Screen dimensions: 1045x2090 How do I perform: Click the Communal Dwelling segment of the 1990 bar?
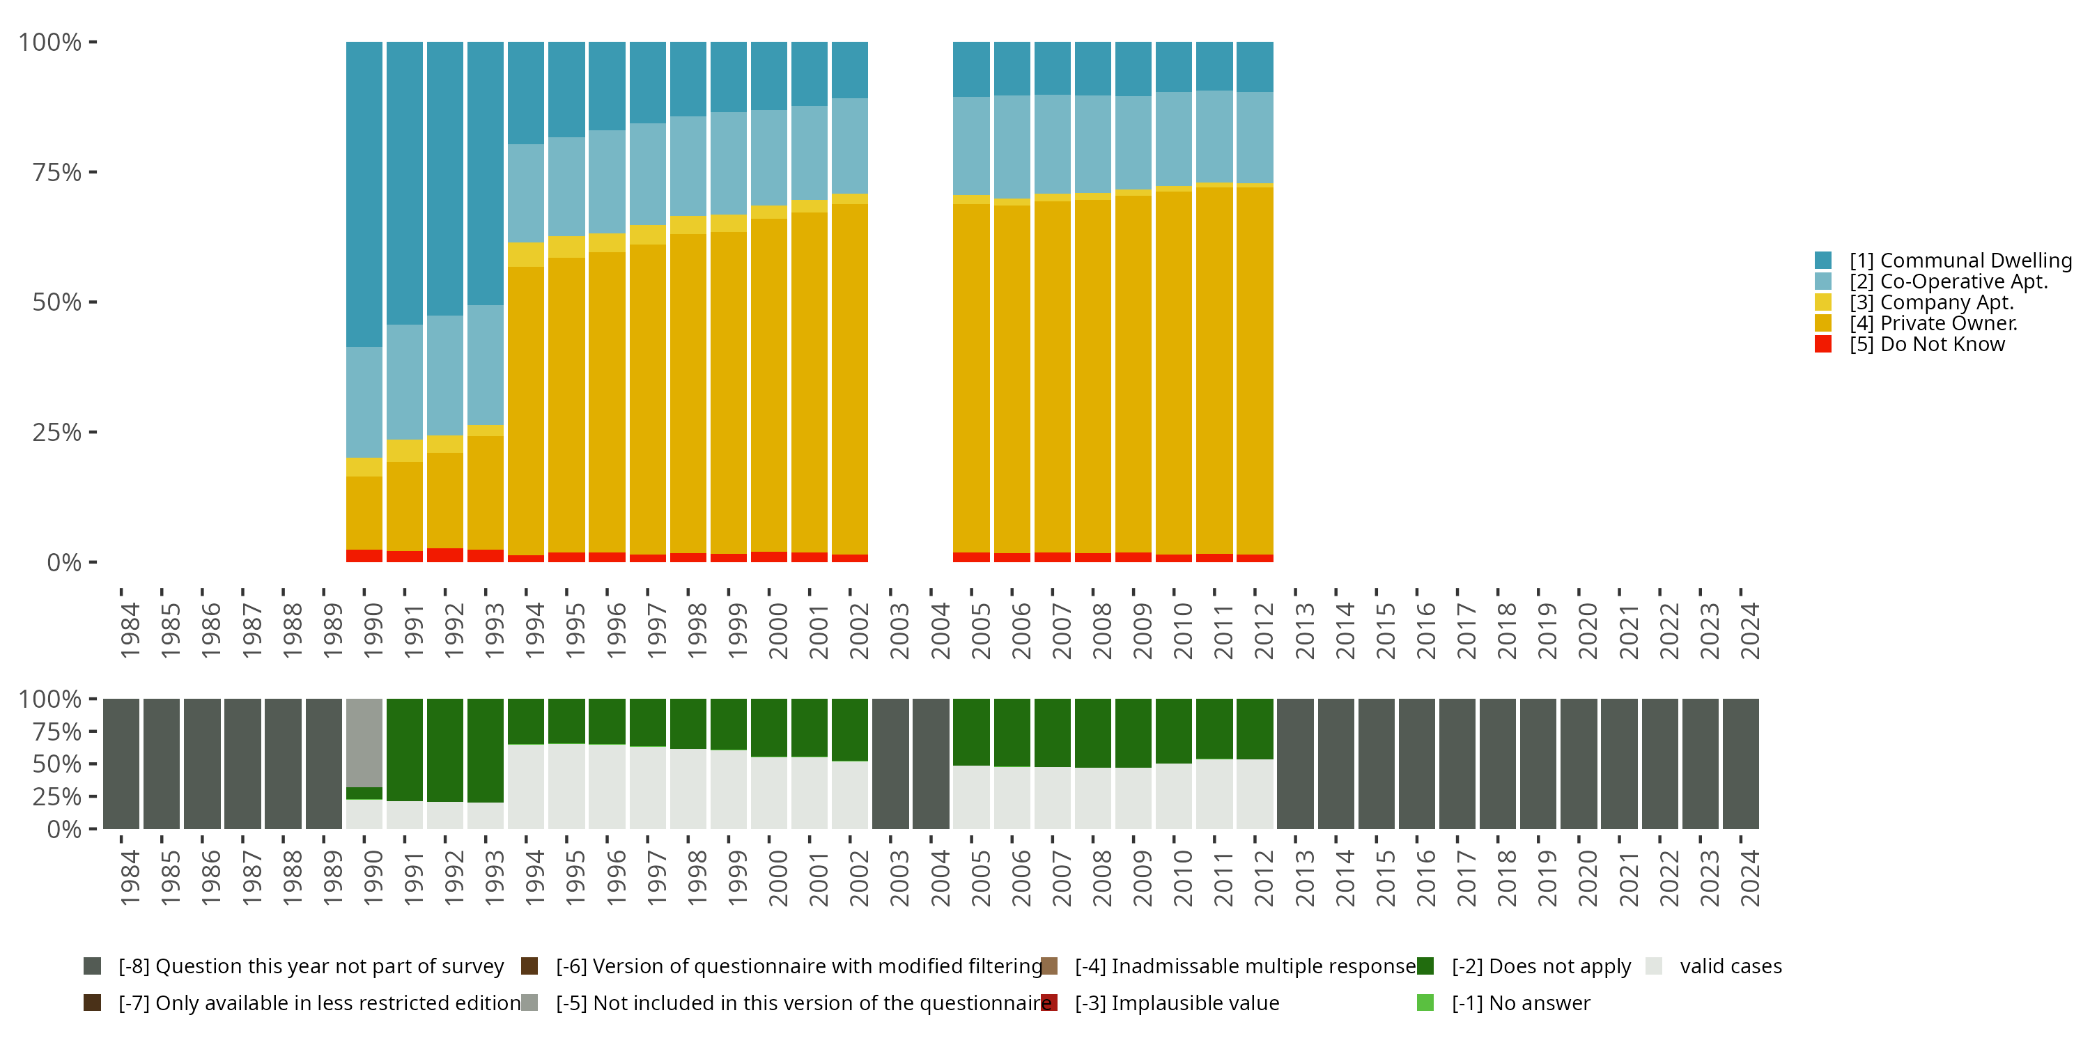[364, 195]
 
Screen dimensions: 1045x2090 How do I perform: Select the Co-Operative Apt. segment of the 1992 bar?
[445, 376]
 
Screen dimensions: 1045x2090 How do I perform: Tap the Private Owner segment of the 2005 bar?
[971, 378]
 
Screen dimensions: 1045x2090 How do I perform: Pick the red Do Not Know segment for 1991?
[405, 557]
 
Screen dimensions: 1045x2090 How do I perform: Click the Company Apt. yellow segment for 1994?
[526, 255]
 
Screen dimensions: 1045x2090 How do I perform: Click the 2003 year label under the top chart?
[899, 630]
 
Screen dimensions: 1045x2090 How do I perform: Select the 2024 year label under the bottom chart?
[1749, 878]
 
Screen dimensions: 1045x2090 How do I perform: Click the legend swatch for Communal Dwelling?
[1823, 261]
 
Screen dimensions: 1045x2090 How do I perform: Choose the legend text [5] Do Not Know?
[1927, 344]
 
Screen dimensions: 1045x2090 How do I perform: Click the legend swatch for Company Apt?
[1823, 302]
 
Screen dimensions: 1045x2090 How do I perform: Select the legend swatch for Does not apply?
[1425, 966]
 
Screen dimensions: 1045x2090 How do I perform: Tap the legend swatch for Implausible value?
[1049, 1003]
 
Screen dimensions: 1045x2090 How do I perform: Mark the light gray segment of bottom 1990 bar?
[364, 743]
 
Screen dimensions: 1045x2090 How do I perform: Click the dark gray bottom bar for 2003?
[890, 764]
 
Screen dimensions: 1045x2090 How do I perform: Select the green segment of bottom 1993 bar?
[485, 750]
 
